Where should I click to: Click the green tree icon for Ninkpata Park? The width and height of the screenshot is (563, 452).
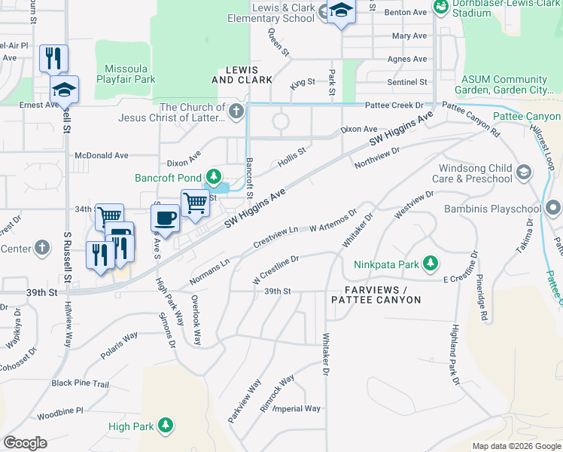pyautogui.click(x=430, y=263)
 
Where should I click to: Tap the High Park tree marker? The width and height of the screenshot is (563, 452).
pyautogui.click(x=166, y=426)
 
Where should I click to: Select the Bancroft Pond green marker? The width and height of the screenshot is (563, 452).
pyautogui.click(x=215, y=177)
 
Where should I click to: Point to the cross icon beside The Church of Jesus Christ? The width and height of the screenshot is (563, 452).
pyautogui.click(x=236, y=113)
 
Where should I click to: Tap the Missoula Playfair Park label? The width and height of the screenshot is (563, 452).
pyautogui.click(x=125, y=73)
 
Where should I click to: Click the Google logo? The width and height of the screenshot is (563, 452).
pyautogui.click(x=25, y=443)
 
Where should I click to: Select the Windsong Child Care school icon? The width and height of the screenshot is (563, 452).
pyautogui.click(x=525, y=173)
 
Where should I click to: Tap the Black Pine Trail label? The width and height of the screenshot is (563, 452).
pyautogui.click(x=81, y=383)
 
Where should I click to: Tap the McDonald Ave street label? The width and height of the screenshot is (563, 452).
pyautogui.click(x=102, y=155)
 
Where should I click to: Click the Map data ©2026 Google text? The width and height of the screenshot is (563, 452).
pyautogui.click(x=516, y=446)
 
